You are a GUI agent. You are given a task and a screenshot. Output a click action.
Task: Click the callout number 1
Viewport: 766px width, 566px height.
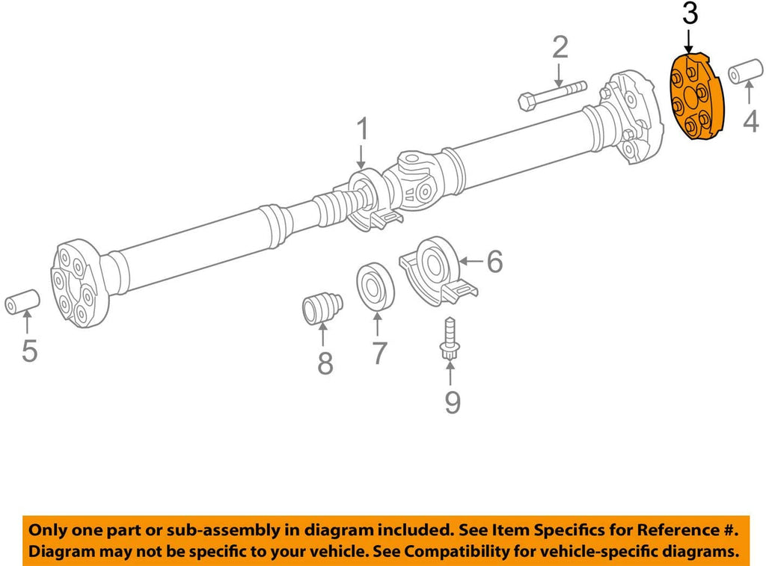point(362,130)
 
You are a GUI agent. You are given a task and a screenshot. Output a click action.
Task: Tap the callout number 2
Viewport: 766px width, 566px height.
point(560,48)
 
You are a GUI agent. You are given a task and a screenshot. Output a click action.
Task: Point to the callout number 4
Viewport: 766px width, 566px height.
point(750,120)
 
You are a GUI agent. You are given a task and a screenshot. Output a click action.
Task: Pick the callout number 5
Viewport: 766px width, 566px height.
point(28,350)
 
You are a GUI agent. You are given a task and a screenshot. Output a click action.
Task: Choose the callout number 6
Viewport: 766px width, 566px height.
point(494,261)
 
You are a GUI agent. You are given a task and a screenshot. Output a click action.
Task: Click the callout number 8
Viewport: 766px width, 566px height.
point(325,363)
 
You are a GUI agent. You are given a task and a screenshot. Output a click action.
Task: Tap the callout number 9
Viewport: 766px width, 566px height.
point(452,402)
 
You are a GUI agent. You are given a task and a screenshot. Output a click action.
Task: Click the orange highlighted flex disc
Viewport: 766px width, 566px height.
point(696,95)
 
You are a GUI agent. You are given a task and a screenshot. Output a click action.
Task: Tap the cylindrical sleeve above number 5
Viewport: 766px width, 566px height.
point(22,301)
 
